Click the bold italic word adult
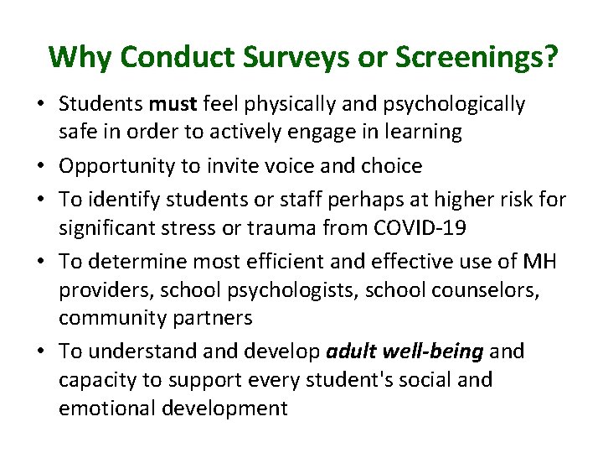350,351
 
